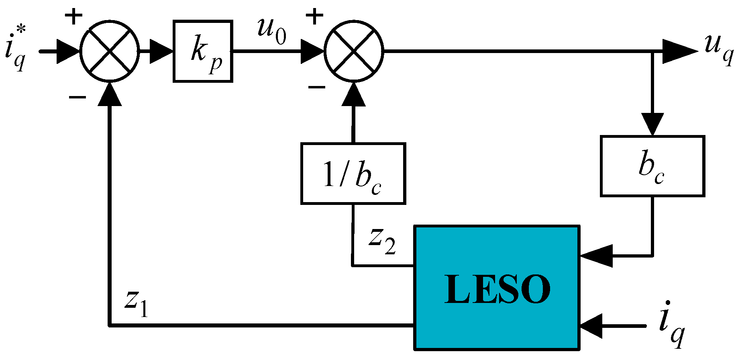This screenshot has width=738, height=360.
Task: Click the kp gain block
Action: click(203, 51)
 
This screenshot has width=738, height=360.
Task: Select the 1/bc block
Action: click(353, 174)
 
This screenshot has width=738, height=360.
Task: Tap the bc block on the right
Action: click(652, 166)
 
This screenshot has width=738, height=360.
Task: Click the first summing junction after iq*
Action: click(110, 51)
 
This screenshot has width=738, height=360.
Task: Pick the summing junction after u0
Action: click(354, 51)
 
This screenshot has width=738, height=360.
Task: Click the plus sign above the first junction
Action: click(74, 17)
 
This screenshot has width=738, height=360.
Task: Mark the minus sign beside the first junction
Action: click(77, 97)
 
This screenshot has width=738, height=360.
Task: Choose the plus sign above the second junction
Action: click(314, 17)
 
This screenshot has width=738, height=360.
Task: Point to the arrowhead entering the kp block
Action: click(161, 51)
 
